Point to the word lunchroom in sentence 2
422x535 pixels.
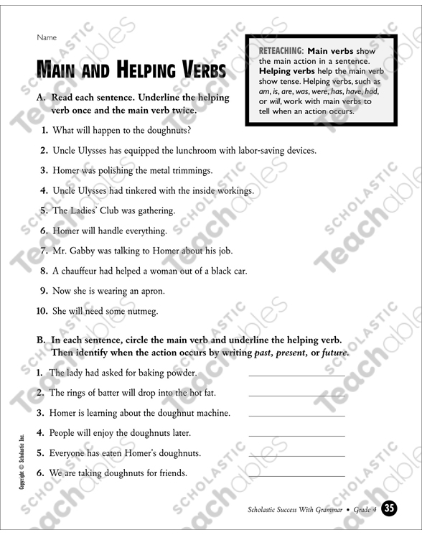click(197, 151)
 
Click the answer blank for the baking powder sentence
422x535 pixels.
click(296, 375)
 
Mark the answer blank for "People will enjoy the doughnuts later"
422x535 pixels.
click(296, 435)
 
